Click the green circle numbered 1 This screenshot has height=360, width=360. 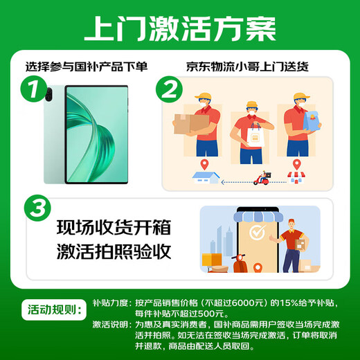34,89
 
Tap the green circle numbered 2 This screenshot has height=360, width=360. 169,89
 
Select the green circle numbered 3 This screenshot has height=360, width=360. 37,208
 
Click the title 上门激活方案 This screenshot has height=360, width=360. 180,29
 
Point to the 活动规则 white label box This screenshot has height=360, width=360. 54,309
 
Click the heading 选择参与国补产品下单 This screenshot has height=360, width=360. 87,66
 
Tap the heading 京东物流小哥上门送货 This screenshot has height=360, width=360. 247,66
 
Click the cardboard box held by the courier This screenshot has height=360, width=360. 191,124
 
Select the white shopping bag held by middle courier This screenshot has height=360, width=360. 255,135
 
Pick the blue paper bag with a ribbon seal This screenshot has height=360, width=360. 312,121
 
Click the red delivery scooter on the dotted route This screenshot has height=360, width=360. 262,178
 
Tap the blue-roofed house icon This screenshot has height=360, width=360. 206,178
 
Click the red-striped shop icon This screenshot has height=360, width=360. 296,177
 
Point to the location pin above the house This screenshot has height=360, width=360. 204,165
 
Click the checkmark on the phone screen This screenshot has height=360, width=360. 257,232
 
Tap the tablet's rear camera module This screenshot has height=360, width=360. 49,94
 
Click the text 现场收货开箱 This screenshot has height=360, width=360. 114,228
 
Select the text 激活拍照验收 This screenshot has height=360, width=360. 114,251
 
